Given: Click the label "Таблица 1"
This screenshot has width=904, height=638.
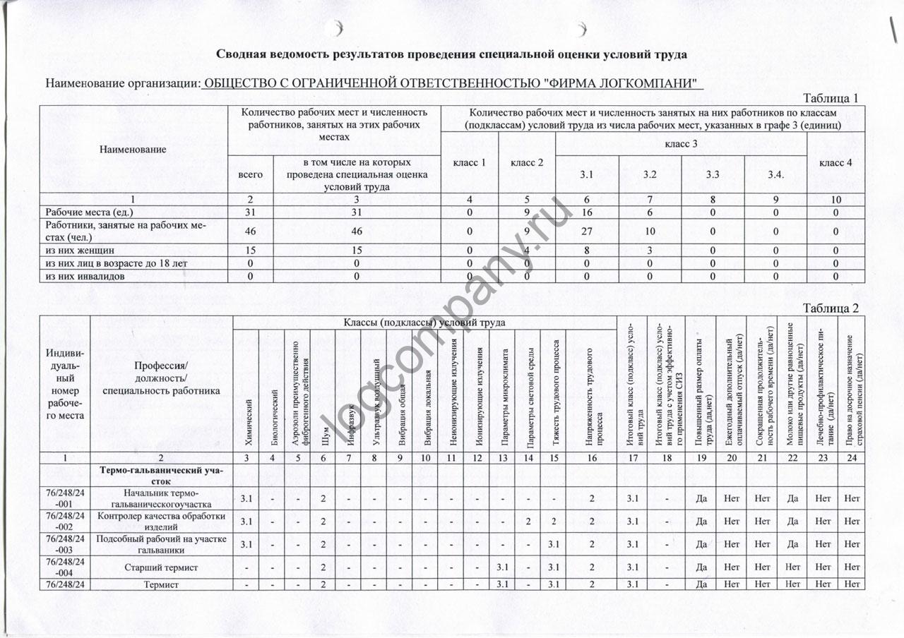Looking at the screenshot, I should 831,98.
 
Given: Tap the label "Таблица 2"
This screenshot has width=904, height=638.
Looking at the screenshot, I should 831,308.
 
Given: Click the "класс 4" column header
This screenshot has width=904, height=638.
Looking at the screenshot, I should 834,163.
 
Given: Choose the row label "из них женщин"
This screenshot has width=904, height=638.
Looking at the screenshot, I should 80,250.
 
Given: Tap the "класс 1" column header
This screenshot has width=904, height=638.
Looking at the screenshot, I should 469,163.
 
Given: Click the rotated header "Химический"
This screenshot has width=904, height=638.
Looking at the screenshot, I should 248,423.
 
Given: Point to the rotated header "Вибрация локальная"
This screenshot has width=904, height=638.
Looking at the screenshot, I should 427,409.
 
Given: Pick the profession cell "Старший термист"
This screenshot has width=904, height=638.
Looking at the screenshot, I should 161,567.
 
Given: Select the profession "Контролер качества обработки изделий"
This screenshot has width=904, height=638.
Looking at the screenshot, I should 161,521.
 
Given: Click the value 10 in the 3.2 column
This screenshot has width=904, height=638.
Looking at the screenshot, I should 650,231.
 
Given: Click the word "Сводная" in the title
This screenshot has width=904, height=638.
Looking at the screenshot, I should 240,54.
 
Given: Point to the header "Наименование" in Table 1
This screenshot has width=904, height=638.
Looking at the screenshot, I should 133,150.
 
